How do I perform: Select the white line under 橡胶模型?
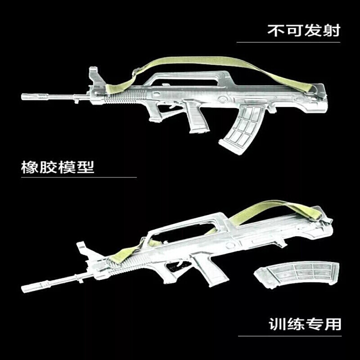pos(79,177)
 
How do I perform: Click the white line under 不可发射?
pos(288,42)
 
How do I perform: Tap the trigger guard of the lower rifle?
pos(175,268)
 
